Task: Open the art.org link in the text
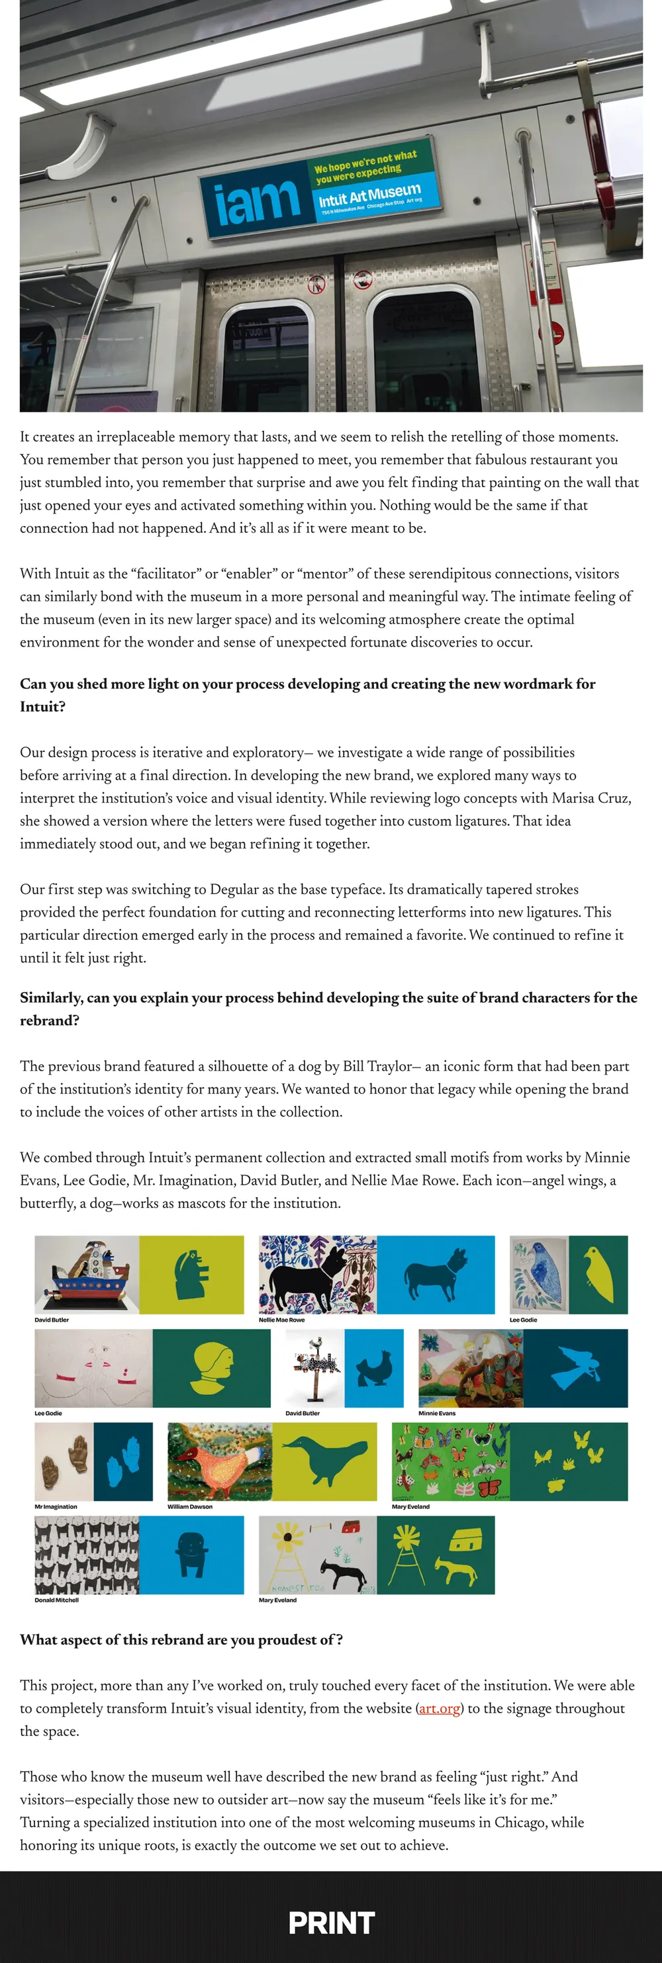click(440, 1708)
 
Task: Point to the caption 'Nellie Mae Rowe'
click(281, 1320)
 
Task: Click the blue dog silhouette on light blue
click(436, 1275)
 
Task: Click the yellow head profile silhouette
click(212, 1368)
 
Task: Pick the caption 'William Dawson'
click(190, 1506)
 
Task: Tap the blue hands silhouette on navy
click(122, 1461)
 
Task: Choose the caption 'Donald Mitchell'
click(56, 1600)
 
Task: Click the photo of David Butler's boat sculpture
click(87, 1275)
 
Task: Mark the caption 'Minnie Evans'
click(436, 1413)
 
